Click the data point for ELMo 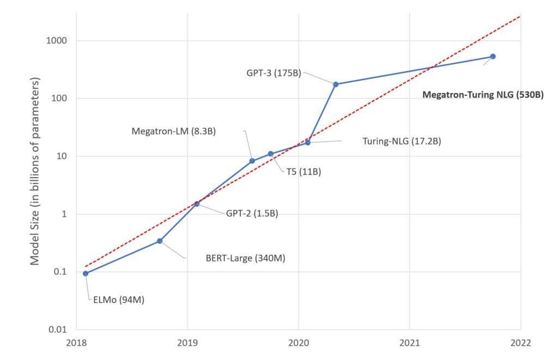[x=86, y=273]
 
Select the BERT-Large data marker [x=160, y=241]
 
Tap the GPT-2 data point [x=197, y=204]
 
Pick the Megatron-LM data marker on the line [x=252, y=161]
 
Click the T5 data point [x=271, y=154]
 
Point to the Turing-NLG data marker [x=308, y=142]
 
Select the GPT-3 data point [x=336, y=84]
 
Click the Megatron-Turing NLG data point [x=493, y=56]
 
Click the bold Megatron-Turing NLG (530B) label [x=483, y=94]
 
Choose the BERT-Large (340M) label [x=245, y=258]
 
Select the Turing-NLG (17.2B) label [x=402, y=141]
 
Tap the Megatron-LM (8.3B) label [x=174, y=131]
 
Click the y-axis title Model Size [x=35, y=170]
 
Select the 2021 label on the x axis [x=409, y=343]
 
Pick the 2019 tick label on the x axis [x=187, y=343]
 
